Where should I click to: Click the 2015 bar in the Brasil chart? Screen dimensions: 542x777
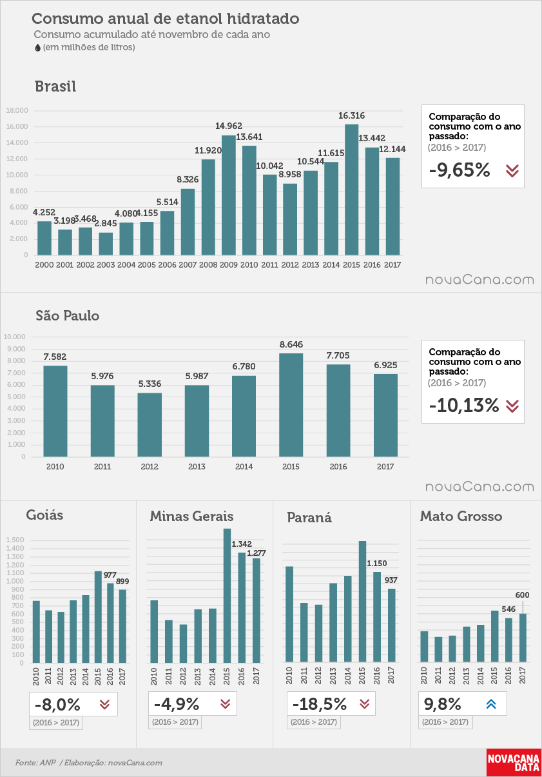pyautogui.click(x=351, y=190)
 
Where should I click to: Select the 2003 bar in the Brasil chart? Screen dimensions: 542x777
pyautogui.click(x=106, y=244)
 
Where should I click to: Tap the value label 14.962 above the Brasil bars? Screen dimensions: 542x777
pyautogui.click(x=229, y=126)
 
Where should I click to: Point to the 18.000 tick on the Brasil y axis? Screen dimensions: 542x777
pyautogui.click(x=17, y=110)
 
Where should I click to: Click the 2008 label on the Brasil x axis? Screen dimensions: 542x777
pyautogui.click(x=208, y=264)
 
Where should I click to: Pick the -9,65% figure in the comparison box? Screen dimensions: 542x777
pyautogui.click(x=460, y=170)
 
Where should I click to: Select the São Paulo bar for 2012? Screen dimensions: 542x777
pyautogui.click(x=150, y=424)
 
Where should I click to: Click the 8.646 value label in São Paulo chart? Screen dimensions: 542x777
pyautogui.click(x=291, y=344)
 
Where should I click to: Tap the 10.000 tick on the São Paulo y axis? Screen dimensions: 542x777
pyautogui.click(x=15, y=337)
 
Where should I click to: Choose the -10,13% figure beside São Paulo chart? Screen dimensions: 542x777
pyautogui.click(x=463, y=405)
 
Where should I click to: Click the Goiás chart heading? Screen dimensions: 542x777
pyautogui.click(x=44, y=515)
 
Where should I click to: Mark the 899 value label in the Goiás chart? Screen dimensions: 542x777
pyautogui.click(x=122, y=581)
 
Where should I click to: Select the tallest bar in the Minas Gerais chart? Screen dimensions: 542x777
pyautogui.click(x=227, y=595)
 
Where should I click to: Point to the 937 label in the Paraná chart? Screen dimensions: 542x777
pyautogui.click(x=391, y=580)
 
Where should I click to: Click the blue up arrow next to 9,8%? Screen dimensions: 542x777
pyautogui.click(x=491, y=703)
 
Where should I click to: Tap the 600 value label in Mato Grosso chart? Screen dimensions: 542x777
pyautogui.click(x=522, y=595)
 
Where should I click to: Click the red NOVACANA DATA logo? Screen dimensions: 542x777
pyautogui.click(x=514, y=762)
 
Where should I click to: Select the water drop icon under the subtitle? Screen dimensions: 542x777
pyautogui.click(x=38, y=48)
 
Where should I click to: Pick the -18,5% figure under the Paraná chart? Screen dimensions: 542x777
pyautogui.click(x=320, y=703)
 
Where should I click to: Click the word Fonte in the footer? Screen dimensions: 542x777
pyautogui.click(x=26, y=762)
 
